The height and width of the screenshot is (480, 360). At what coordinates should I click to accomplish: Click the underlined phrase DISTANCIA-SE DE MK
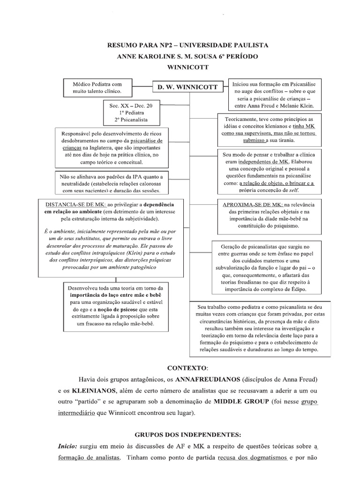point(75,205)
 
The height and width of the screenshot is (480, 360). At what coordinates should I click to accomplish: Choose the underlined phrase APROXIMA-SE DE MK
point(253,205)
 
